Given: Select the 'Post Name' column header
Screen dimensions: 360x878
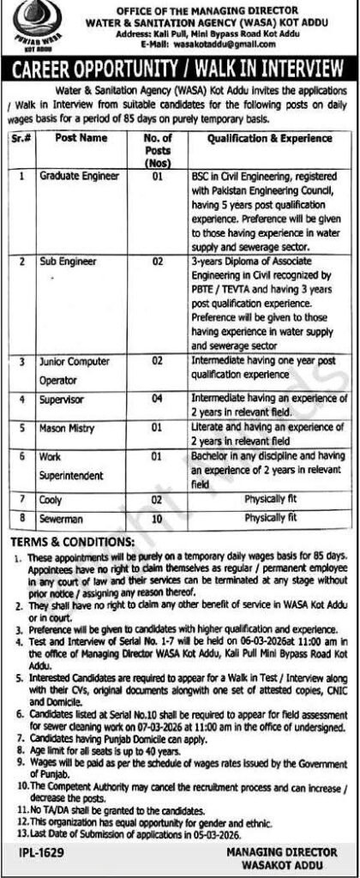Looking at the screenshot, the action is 81,136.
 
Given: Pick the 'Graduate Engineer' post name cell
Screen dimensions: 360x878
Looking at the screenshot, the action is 80,174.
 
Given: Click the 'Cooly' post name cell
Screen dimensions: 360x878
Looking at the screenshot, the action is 51,498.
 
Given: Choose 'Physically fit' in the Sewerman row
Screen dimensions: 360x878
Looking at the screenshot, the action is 269,518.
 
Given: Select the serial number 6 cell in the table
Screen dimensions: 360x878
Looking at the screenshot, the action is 21,457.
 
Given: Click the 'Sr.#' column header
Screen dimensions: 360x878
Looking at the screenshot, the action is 21,136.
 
